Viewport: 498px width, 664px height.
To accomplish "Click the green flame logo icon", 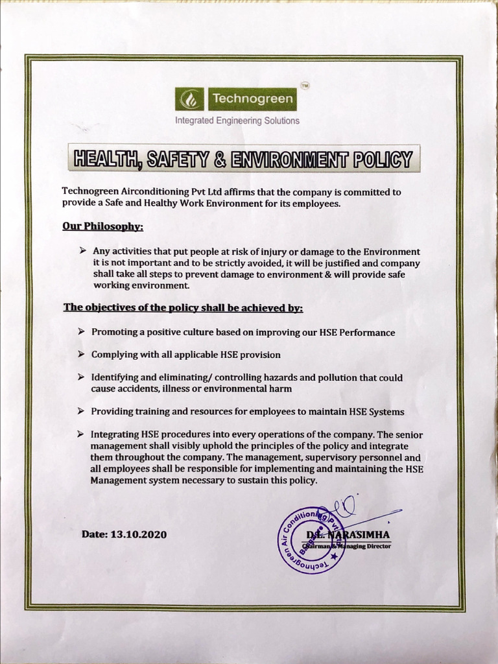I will pyautogui.click(x=191, y=101).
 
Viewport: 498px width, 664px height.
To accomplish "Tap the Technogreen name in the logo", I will pyautogui.click(x=252, y=101).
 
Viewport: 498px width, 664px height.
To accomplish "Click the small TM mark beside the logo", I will pyautogui.click(x=305, y=87).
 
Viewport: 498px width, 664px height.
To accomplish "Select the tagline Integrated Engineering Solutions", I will pyautogui.click(x=237, y=121).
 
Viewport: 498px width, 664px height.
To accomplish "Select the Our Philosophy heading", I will pyautogui.click(x=102, y=227).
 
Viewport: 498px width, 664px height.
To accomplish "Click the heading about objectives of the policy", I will pyautogui.click(x=183, y=308).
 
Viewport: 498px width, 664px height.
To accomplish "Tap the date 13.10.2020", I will pyautogui.click(x=139, y=535).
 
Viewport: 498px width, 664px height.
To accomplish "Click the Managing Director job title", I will pyautogui.click(x=366, y=546).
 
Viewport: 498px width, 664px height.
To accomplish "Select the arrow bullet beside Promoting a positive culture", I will pyautogui.click(x=81, y=331).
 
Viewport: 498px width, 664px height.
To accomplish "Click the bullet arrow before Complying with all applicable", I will pyautogui.click(x=81, y=354).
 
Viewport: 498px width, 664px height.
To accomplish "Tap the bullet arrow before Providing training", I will pyautogui.click(x=81, y=411).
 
